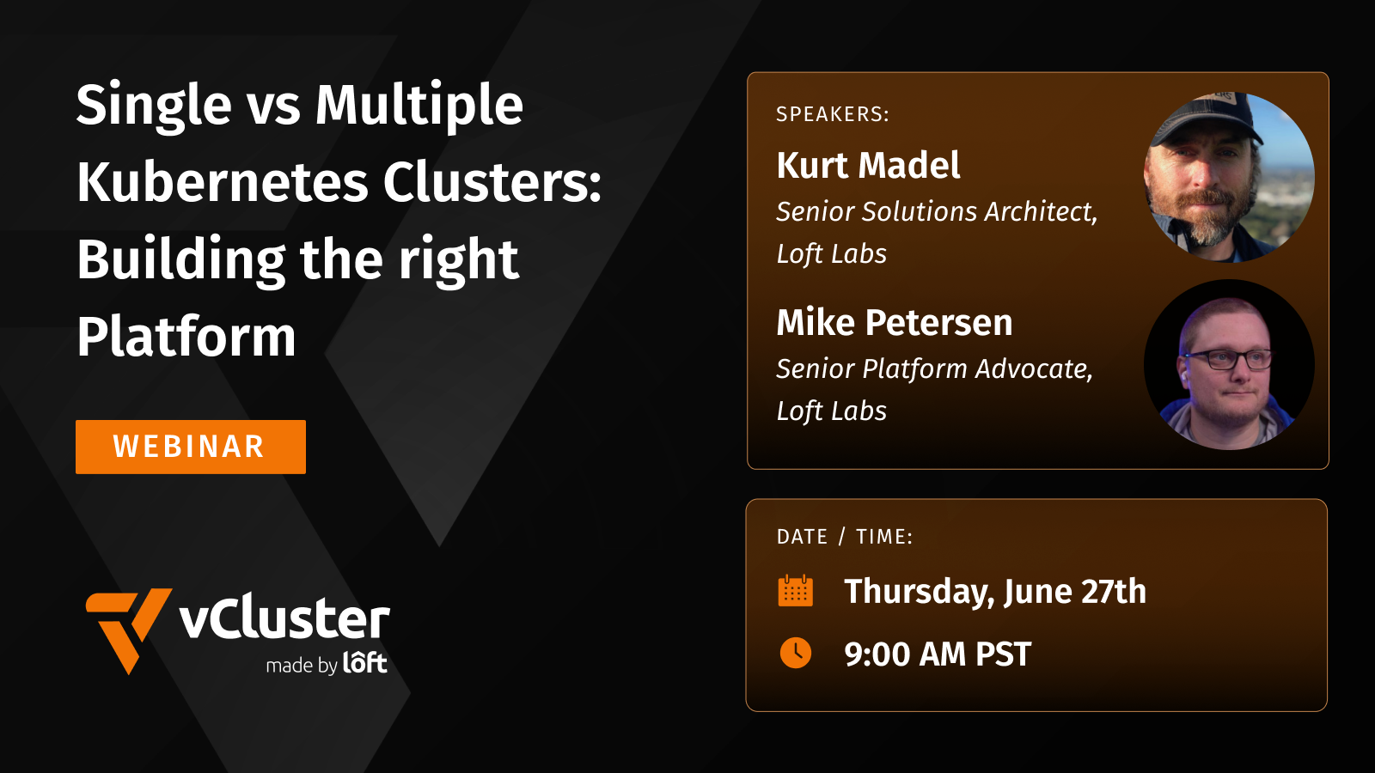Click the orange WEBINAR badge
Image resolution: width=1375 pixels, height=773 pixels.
[190, 447]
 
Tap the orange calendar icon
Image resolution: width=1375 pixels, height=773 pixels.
[795, 591]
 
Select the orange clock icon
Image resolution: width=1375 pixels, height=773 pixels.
[795, 654]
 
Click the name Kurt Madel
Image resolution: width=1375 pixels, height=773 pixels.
[868, 165]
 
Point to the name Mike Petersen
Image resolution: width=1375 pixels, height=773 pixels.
[894, 323]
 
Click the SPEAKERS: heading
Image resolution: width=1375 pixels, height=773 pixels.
[832, 114]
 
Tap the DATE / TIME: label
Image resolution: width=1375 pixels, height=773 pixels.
[844, 537]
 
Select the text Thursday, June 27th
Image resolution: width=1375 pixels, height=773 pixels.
[994, 592]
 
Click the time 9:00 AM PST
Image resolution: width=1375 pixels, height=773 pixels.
[937, 654]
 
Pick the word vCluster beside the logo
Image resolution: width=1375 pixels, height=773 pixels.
[284, 619]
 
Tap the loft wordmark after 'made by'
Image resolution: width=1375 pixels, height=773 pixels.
[365, 663]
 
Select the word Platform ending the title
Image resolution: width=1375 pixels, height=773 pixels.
[186, 337]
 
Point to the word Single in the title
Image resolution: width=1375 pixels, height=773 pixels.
[154, 105]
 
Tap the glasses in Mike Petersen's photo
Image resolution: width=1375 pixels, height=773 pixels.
[1228, 359]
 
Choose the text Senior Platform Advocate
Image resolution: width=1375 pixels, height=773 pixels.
[934, 368]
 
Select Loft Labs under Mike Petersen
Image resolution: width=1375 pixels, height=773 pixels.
[831, 411]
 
